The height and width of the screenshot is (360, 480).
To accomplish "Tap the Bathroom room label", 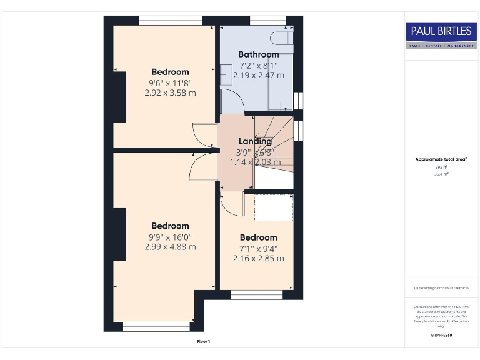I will coord(258,54).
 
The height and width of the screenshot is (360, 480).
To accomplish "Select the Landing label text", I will coord(255,141).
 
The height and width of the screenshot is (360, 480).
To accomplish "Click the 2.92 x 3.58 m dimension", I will coord(170,92).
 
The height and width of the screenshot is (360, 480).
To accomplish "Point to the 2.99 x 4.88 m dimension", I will coord(170,246).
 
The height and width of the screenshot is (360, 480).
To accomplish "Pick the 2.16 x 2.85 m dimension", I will coord(258,258).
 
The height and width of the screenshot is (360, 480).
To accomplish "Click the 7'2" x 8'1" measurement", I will coord(258,65).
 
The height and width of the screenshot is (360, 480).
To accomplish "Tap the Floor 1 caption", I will coord(204,342).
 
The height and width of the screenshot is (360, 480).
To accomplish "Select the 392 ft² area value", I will coord(441,167).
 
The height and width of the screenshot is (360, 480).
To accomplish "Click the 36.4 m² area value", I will coord(441,174).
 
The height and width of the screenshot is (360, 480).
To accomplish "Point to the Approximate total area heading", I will coord(441,159).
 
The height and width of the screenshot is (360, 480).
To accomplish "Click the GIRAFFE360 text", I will coord(441,336).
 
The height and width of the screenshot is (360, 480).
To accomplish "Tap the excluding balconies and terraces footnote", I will coord(441,288).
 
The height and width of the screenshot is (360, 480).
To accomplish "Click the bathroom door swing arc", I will coord(231,100).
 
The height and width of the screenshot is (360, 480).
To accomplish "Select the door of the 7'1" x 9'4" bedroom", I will coord(232,204).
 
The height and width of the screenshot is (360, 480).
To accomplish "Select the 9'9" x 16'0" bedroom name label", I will coord(170,226).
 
